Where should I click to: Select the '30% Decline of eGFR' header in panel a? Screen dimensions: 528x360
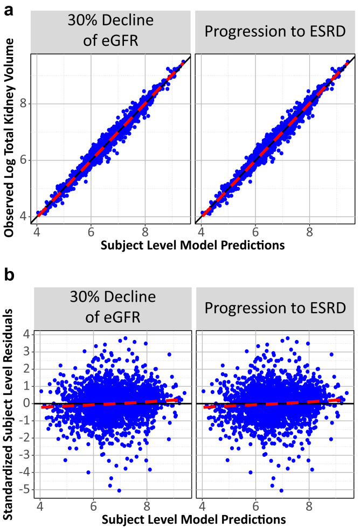coord(110,30)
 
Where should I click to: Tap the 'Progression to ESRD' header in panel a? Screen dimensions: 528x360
coord(275,30)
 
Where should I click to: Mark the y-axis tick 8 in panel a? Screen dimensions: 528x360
coord(23,103)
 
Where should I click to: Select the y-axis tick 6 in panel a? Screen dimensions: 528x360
coord(23,160)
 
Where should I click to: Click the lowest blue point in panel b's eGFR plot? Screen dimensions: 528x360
coord(119,490)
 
